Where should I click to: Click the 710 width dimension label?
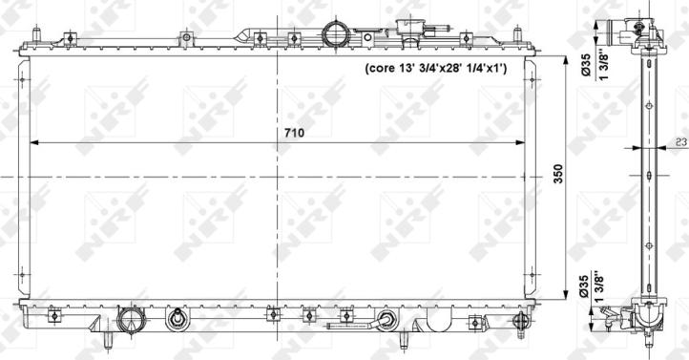[294, 133]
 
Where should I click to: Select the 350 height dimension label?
[558, 174]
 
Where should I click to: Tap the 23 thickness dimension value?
[681, 141]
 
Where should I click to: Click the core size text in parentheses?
[436, 68]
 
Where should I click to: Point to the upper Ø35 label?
[586, 65]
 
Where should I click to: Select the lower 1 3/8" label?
[599, 286]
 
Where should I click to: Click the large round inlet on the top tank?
[336, 33]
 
